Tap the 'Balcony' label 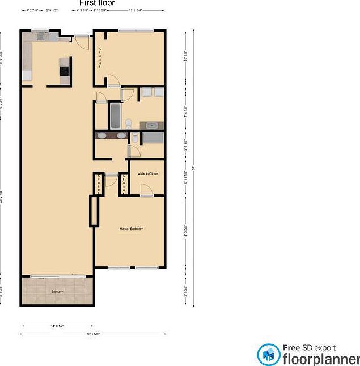(57, 291)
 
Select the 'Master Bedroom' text (131, 229)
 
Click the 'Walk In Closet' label (147, 174)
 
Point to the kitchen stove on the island (64, 71)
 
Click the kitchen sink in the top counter (41, 37)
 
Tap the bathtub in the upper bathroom (115, 116)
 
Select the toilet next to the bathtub (129, 123)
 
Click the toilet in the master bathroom (134, 139)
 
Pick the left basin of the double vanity (101, 135)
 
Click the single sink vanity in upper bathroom (152, 125)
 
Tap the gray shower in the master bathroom (153, 138)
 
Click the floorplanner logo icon (268, 355)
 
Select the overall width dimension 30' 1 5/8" (93, 334)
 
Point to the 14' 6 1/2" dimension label (57, 326)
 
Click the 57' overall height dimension (193, 168)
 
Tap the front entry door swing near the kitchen (82, 42)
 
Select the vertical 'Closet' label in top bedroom (100, 57)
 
